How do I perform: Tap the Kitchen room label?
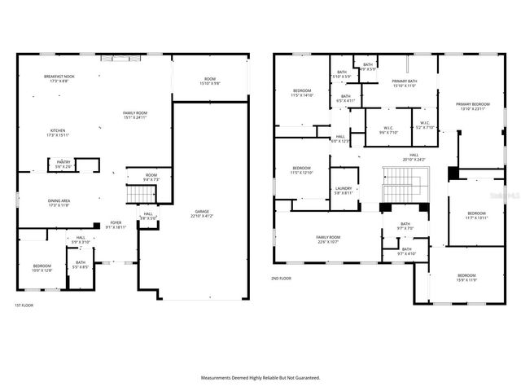point(59,133)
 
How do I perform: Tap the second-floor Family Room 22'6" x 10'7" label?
point(328,239)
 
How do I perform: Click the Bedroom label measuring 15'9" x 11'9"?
point(467,278)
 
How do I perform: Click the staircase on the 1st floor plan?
point(142,195)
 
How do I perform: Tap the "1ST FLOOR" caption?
point(24,305)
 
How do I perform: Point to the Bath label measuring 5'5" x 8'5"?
point(81,265)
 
